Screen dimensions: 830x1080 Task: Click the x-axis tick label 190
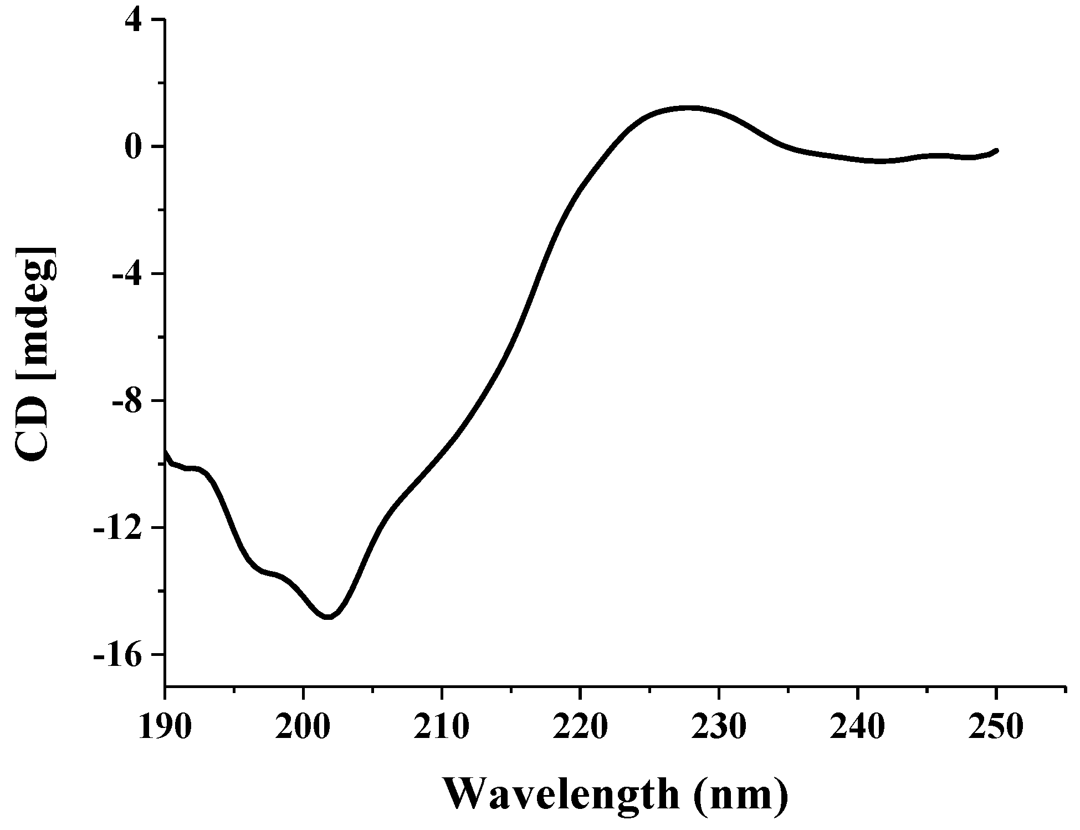165,727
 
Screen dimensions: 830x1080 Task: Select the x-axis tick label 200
303,727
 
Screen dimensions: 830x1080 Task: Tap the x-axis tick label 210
442,727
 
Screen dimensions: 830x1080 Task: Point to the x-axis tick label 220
580,727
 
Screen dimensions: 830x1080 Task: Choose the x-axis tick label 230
719,727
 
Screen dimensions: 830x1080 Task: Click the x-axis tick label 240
857,727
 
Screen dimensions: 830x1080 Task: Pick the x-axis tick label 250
996,727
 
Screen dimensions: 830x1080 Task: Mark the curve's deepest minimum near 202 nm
329,617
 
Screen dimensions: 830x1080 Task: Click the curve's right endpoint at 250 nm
996,150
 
